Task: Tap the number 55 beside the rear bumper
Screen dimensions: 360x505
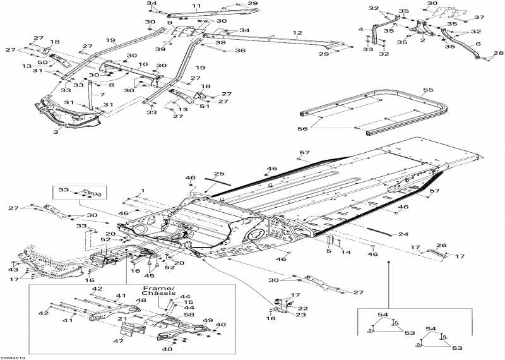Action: (x=428, y=91)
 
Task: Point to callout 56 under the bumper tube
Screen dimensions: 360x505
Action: (x=303, y=129)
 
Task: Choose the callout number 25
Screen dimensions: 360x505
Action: (x=219, y=174)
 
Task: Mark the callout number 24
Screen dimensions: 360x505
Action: (x=403, y=234)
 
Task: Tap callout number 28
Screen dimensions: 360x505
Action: (x=497, y=54)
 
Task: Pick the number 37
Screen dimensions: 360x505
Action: (x=479, y=18)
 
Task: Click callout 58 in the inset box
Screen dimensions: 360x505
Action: (x=189, y=315)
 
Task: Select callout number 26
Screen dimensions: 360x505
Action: (x=441, y=246)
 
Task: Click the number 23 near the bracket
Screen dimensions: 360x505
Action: (x=301, y=315)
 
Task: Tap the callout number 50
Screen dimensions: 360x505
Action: (x=42, y=63)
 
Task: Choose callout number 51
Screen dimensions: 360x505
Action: (x=203, y=106)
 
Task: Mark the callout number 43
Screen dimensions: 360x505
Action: (x=12, y=270)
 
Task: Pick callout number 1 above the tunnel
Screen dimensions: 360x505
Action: (x=143, y=190)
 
